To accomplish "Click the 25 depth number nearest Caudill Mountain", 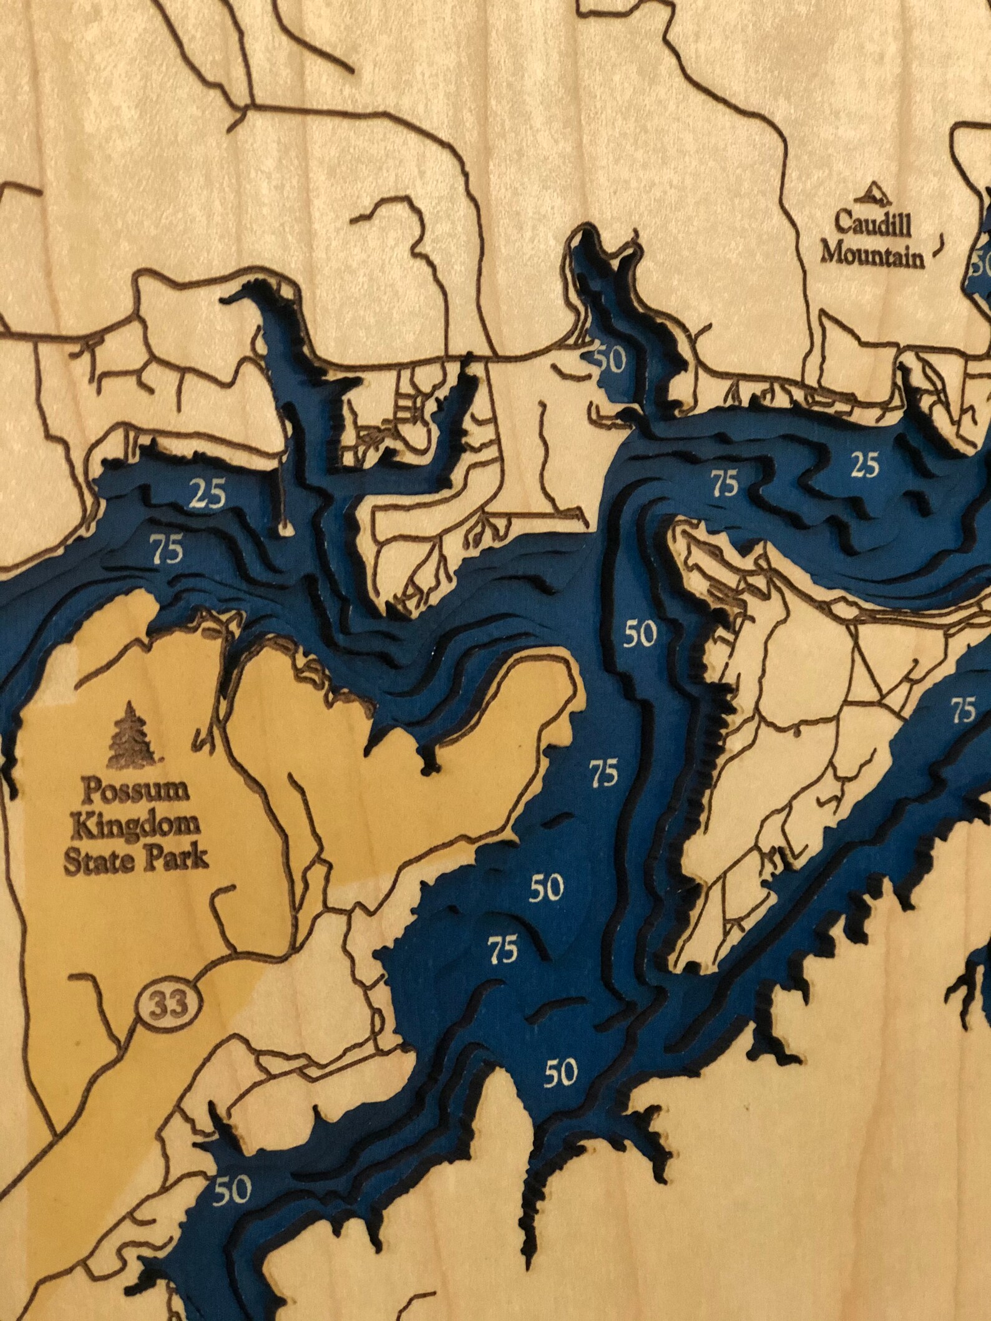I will coord(865,464).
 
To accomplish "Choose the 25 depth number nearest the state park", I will coord(208,498).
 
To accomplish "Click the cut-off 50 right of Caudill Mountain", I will coord(981,265).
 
